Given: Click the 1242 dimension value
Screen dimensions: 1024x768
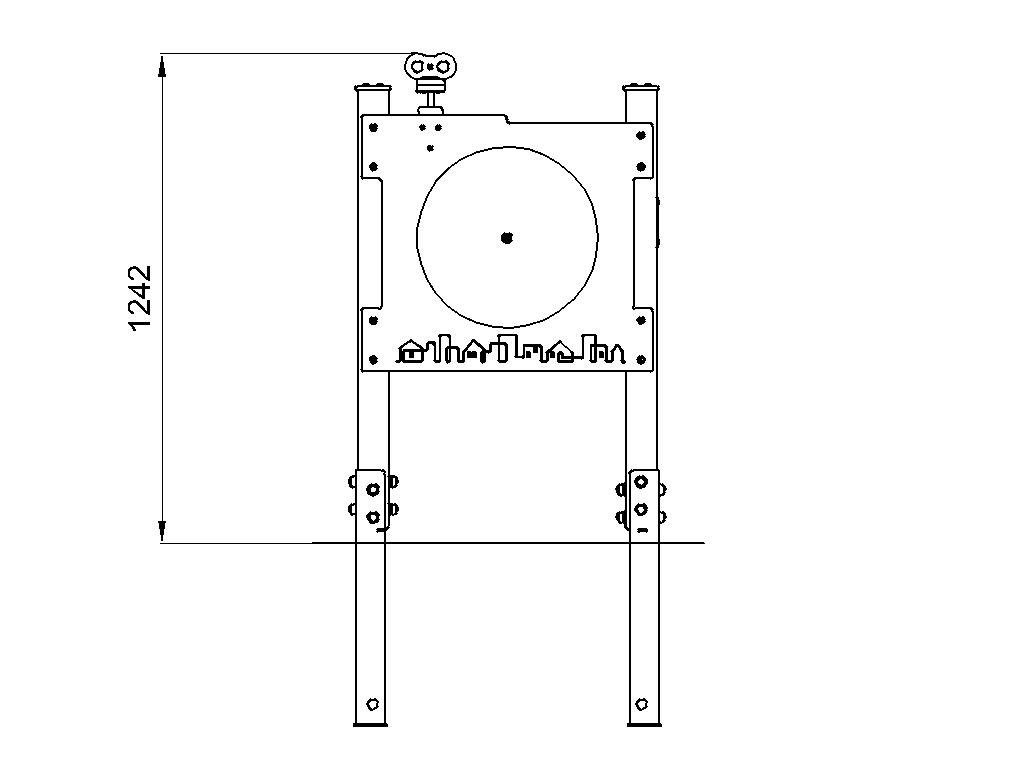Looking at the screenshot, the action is click(x=140, y=298).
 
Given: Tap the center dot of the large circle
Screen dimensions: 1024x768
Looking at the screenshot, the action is click(x=507, y=238).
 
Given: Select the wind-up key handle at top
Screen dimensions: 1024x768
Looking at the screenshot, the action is click(x=430, y=66).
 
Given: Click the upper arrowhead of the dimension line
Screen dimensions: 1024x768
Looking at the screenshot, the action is click(x=163, y=65).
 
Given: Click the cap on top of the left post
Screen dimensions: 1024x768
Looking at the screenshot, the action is click(x=373, y=88).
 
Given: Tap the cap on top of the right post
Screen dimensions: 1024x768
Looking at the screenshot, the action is click(x=641, y=88).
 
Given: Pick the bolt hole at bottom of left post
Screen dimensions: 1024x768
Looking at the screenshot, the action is click(x=373, y=704).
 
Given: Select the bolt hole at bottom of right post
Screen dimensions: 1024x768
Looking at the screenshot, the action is click(x=641, y=704).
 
